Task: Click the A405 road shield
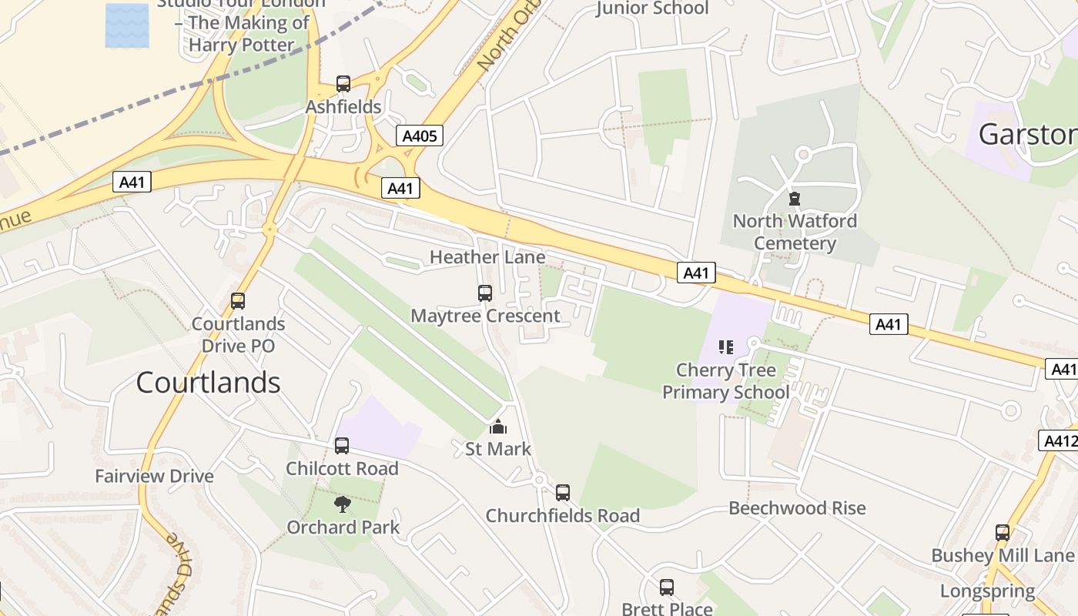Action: coord(420,136)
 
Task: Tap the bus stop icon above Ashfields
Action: coord(343,84)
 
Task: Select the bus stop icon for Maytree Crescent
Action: coord(485,293)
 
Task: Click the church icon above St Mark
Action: coord(498,427)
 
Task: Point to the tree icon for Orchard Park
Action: coord(343,504)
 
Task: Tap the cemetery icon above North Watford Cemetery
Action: coord(795,199)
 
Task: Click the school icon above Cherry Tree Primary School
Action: coord(726,347)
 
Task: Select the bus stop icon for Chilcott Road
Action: coord(342,446)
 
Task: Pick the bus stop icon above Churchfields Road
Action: coord(563,493)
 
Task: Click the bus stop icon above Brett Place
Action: coord(667,588)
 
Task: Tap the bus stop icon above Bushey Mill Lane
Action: coord(1003,533)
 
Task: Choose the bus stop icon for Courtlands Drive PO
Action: coord(238,301)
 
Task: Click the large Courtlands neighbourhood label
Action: coord(208,382)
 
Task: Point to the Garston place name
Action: coord(1027,135)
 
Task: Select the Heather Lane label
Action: coord(487,256)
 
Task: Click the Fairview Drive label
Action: coord(154,476)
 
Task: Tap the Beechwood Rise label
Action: coord(797,508)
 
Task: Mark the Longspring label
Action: coord(987,591)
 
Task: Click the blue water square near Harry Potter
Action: coord(127,25)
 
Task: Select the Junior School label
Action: coord(652,8)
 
